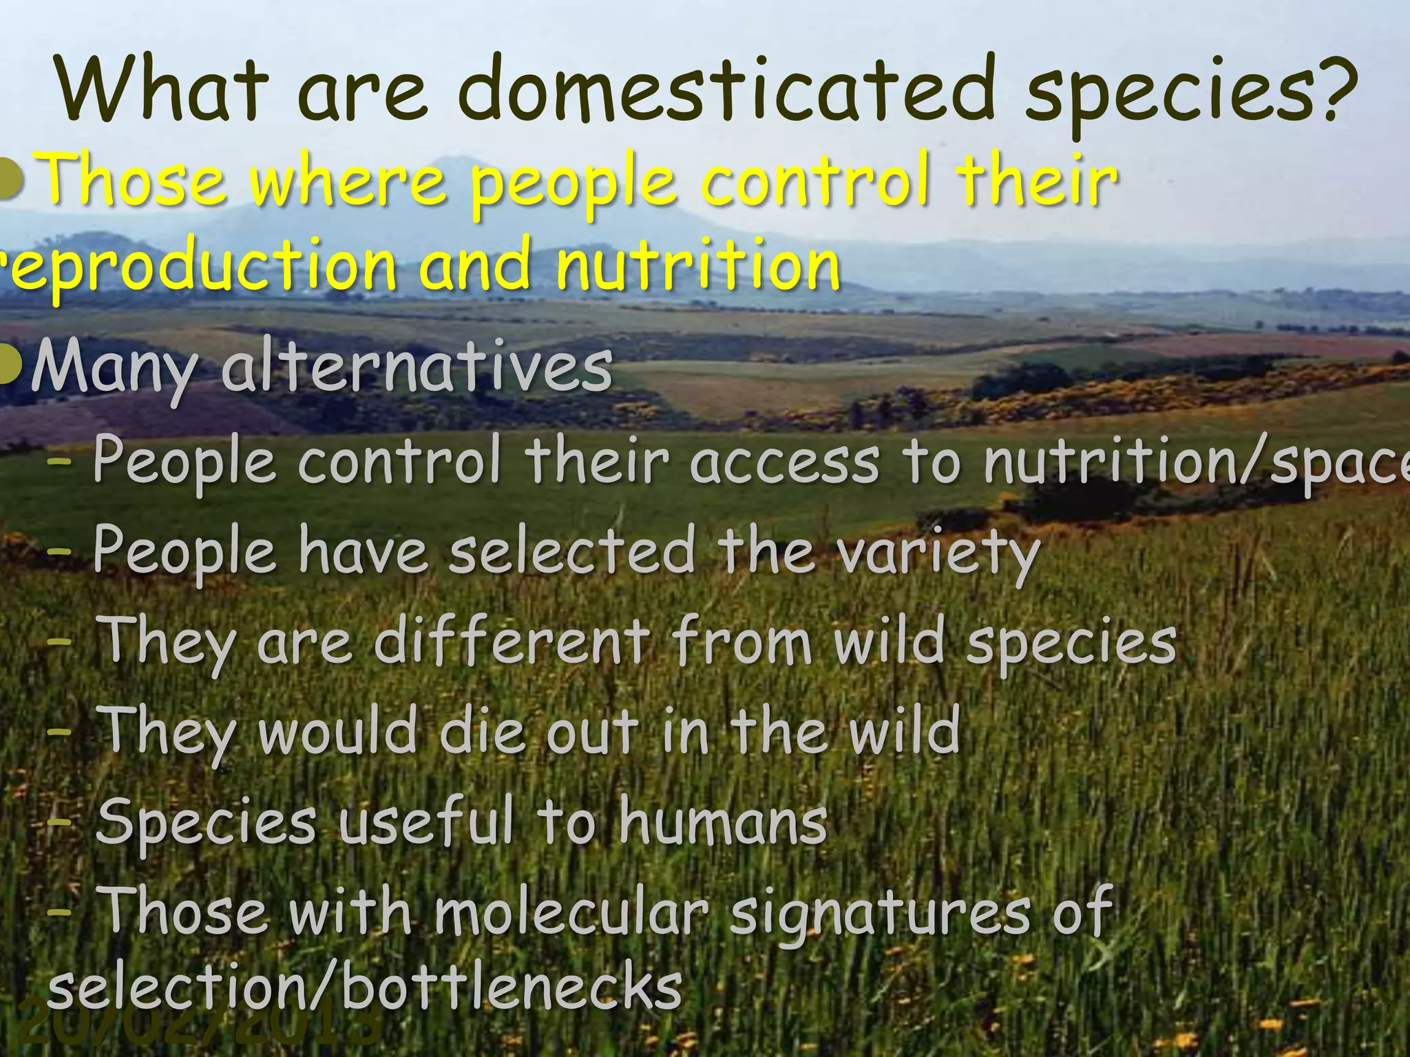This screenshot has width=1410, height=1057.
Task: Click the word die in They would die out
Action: (482, 731)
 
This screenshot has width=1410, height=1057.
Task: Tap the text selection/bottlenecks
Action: (365, 987)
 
